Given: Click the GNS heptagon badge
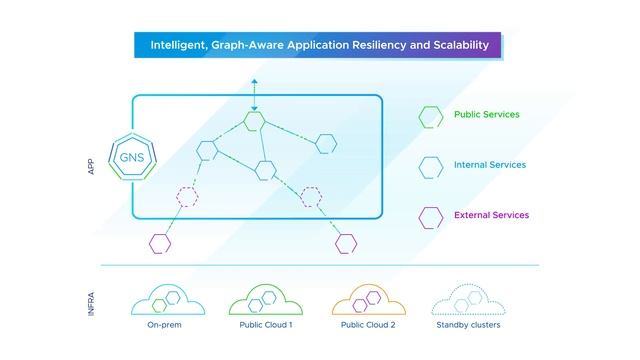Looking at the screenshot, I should coord(131,157).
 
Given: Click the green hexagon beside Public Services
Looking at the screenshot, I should coord(431,116).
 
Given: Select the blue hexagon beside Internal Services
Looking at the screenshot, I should coord(431,165).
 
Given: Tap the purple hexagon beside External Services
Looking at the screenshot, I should coord(431,215).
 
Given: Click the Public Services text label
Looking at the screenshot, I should coord(487,115).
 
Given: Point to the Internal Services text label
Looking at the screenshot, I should coord(489,165).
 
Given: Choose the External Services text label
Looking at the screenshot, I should coord(491,215).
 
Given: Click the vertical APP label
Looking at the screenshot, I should coord(91,167).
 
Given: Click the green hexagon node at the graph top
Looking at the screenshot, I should coord(255,121).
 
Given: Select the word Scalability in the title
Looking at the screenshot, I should coord(456,45).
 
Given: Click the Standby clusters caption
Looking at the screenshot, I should coord(468,326).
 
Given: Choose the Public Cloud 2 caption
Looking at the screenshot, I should coord(367,326).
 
